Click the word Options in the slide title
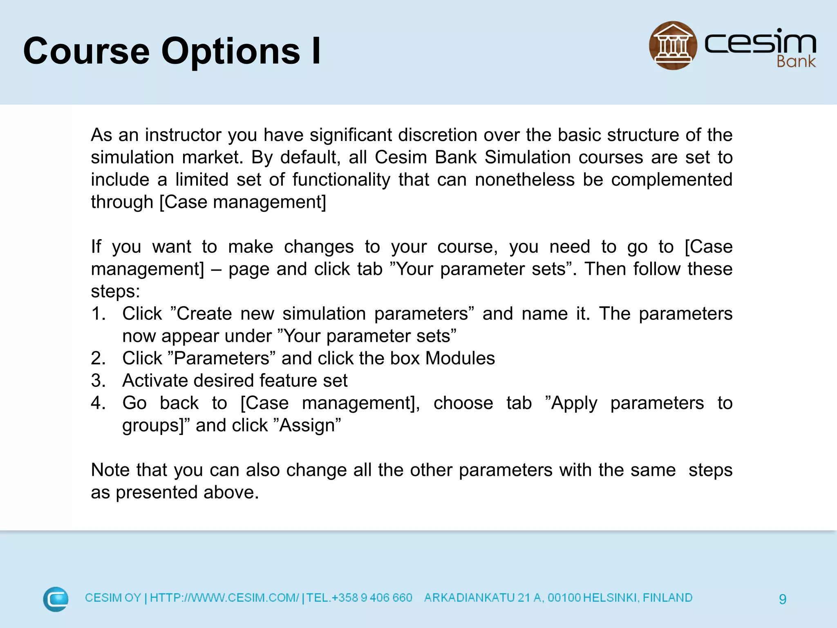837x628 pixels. tap(231, 52)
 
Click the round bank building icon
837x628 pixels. tap(673, 46)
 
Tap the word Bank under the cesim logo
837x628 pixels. tap(795, 62)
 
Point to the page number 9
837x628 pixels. tap(782, 599)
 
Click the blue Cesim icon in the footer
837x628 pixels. tap(56, 599)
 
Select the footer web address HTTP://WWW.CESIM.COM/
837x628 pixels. tap(224, 598)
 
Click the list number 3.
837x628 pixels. tap(98, 381)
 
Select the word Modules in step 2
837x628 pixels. tap(460, 359)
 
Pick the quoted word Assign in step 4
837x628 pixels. tap(309, 425)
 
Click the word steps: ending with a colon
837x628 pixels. tap(115, 292)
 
